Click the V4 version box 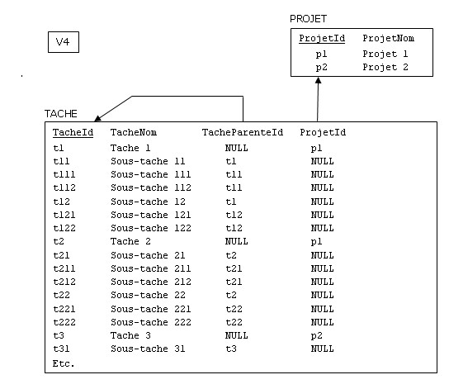[64, 42]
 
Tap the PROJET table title [308, 19]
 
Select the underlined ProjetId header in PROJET [322, 38]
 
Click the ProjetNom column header [388, 38]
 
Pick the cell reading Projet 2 [385, 68]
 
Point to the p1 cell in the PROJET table [321, 55]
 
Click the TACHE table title [61, 114]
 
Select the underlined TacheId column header [73, 133]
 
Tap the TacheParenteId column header [243, 132]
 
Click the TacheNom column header [134, 132]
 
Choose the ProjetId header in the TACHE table [323, 133]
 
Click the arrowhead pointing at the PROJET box [318, 80]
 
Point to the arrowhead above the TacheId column [98, 118]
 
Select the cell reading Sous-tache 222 [151, 322]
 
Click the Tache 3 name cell [130, 335]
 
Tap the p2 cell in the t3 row [316, 335]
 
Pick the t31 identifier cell [61, 349]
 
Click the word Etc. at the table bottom [64, 363]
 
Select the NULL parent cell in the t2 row [237, 241]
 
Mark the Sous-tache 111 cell [151, 174]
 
